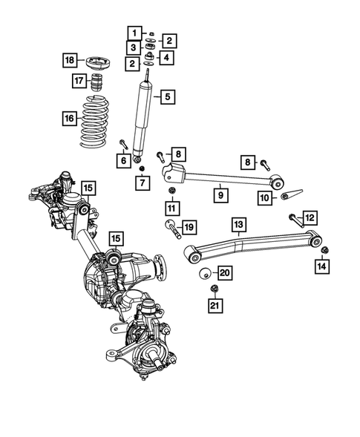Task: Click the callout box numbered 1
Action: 134,33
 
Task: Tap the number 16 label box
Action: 68,116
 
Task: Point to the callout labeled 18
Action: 69,60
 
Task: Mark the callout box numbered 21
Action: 214,305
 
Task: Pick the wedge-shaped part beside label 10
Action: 289,197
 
